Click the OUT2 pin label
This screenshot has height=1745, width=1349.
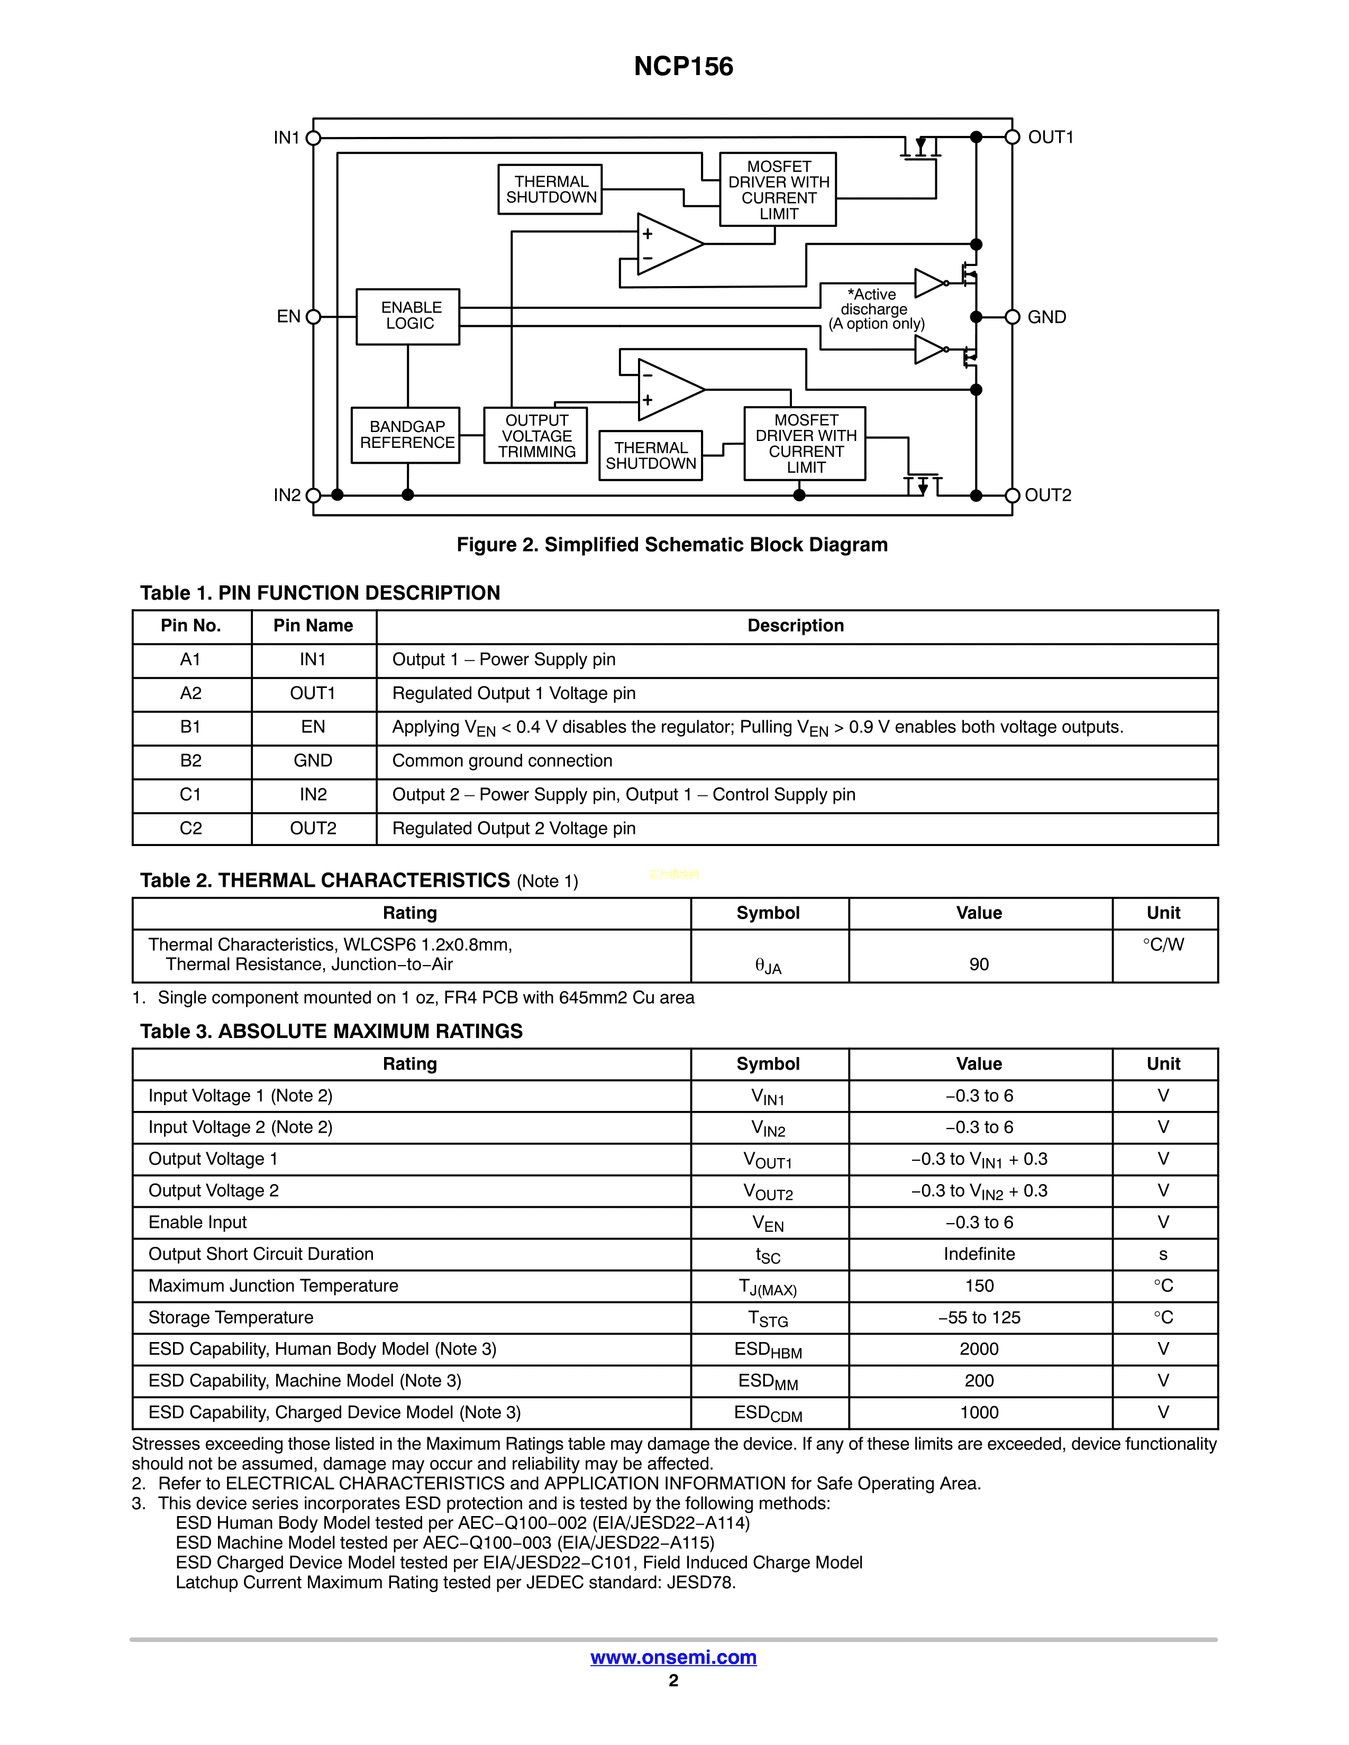1047,495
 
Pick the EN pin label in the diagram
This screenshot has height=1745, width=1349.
288,316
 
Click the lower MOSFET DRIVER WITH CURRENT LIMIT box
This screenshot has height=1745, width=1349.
805,444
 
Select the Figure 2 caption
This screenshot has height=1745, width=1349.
672,545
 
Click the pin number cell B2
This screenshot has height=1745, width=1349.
191,760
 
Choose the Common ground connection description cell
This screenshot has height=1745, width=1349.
502,760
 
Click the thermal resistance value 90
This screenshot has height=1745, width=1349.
979,965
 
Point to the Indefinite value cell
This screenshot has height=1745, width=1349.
979,1254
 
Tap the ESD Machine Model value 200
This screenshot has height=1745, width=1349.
979,1381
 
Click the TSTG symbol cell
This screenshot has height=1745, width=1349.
768,1318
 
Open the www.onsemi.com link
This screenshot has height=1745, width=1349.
673,1657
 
